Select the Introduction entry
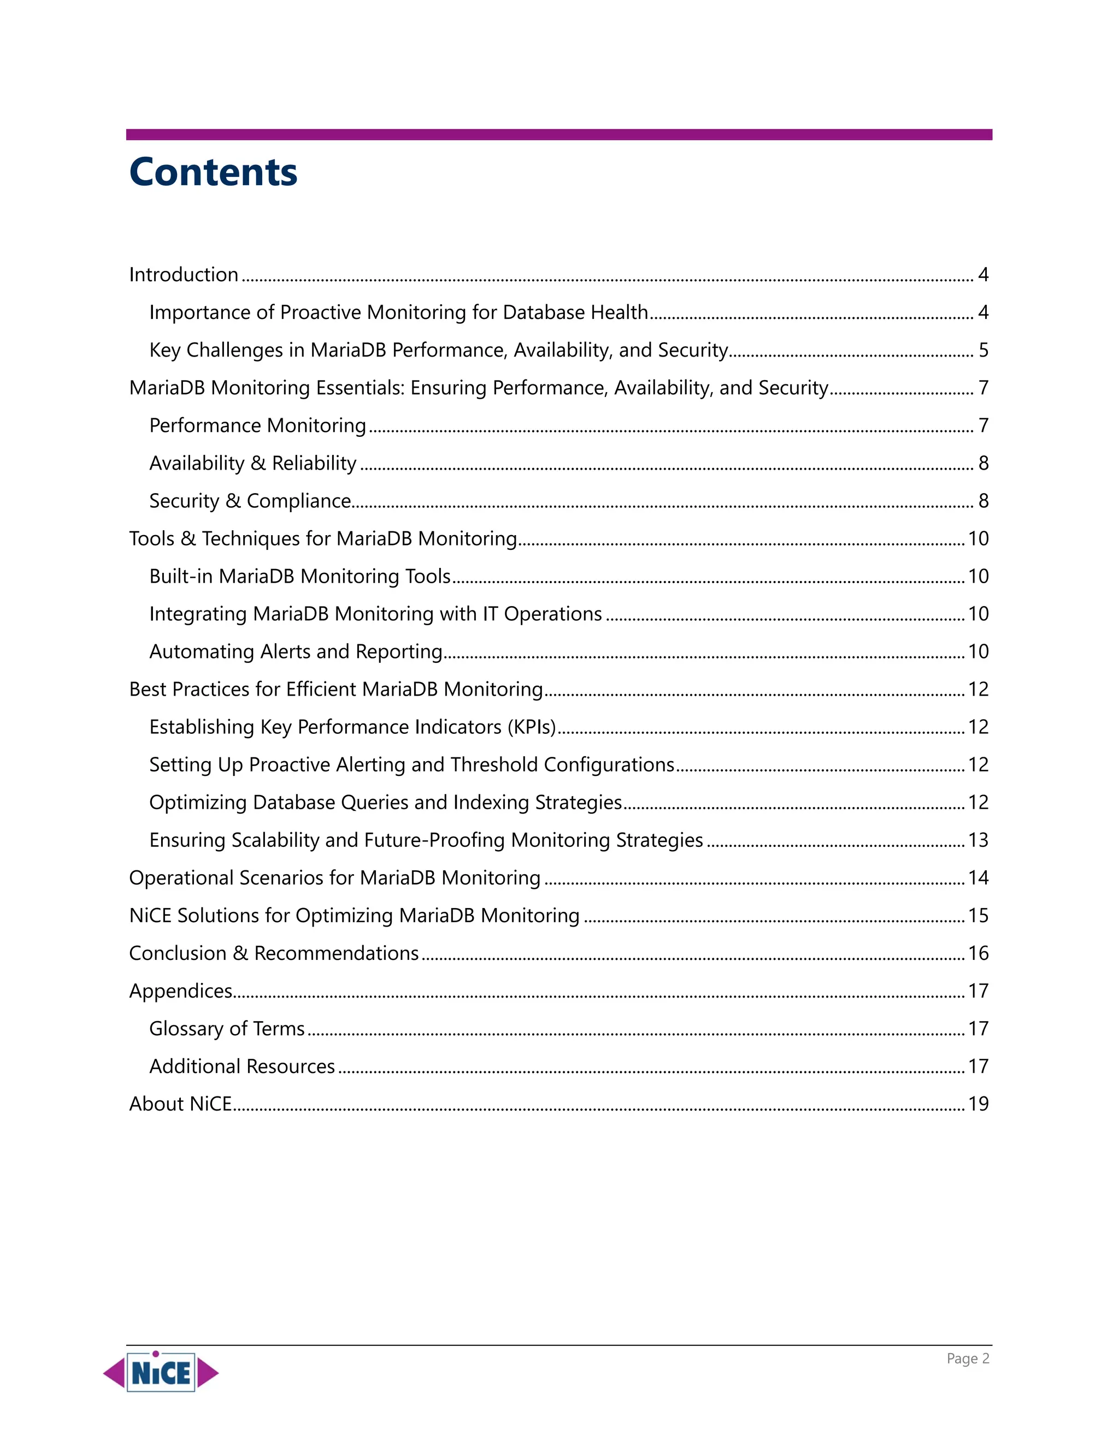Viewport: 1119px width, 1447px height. [184, 274]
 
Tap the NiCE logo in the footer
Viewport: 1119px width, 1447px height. [161, 1372]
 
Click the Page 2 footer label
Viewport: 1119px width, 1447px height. [967, 1358]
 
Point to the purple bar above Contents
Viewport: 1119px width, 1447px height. [559, 134]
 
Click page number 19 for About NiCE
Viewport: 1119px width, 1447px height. [978, 1104]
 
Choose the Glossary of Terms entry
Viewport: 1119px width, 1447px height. [227, 1028]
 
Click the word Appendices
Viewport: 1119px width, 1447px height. [180, 991]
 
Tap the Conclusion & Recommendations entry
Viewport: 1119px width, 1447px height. [274, 953]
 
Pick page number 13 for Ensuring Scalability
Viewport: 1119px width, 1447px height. [978, 840]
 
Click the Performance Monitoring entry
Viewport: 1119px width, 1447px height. [257, 425]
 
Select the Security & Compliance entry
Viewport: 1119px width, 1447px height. [250, 501]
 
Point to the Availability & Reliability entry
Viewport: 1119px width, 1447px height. [252, 463]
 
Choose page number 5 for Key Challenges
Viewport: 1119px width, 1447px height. [983, 350]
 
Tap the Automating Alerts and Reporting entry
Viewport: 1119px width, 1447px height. [296, 651]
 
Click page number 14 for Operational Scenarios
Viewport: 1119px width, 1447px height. [978, 878]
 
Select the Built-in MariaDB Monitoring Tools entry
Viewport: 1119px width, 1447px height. [299, 577]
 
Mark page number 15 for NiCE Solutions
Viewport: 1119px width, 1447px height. [978, 916]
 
